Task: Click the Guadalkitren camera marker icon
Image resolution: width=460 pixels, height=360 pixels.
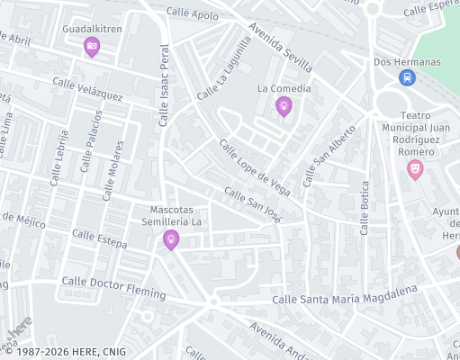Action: coord(91,47)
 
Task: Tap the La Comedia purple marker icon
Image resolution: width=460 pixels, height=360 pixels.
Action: coord(284,106)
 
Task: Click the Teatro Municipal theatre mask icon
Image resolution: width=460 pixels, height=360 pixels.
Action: coord(415,168)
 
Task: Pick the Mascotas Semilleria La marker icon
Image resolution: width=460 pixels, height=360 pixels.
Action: coord(170,238)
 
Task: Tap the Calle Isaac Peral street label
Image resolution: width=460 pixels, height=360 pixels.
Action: coord(164,85)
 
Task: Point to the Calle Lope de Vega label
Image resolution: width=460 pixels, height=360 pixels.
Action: coord(255,166)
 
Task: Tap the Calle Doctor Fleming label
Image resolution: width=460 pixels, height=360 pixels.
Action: coord(113,287)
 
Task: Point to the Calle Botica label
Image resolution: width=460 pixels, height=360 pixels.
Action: coord(365,206)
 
